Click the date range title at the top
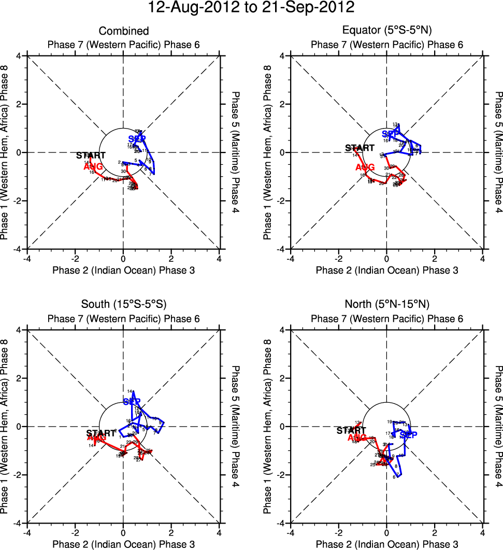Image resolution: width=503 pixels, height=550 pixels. coord(251,8)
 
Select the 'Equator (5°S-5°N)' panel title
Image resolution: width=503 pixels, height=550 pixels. coord(386,31)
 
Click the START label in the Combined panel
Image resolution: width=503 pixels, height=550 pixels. coord(91,155)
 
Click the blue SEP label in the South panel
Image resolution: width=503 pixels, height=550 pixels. coord(132,402)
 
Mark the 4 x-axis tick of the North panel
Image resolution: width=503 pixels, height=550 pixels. coord(482,532)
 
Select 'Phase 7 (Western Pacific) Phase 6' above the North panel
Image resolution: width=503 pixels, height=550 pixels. coord(386,318)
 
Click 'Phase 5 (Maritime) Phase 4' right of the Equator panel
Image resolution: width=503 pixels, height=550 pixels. coord(498,152)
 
